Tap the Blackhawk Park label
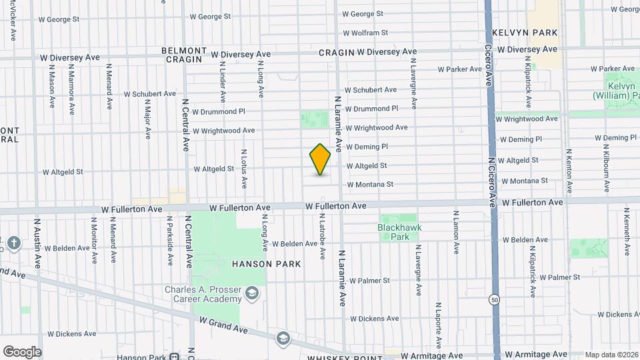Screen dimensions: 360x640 point(400,232)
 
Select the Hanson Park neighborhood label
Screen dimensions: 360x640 point(266,264)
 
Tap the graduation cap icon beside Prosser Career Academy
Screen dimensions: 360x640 point(252,293)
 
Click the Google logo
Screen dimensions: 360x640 point(22,352)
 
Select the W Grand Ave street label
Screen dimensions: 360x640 point(223,325)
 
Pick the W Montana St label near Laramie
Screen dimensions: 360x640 point(370,185)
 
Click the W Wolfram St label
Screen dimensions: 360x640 point(365,32)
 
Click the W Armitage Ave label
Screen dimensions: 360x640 point(535,355)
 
